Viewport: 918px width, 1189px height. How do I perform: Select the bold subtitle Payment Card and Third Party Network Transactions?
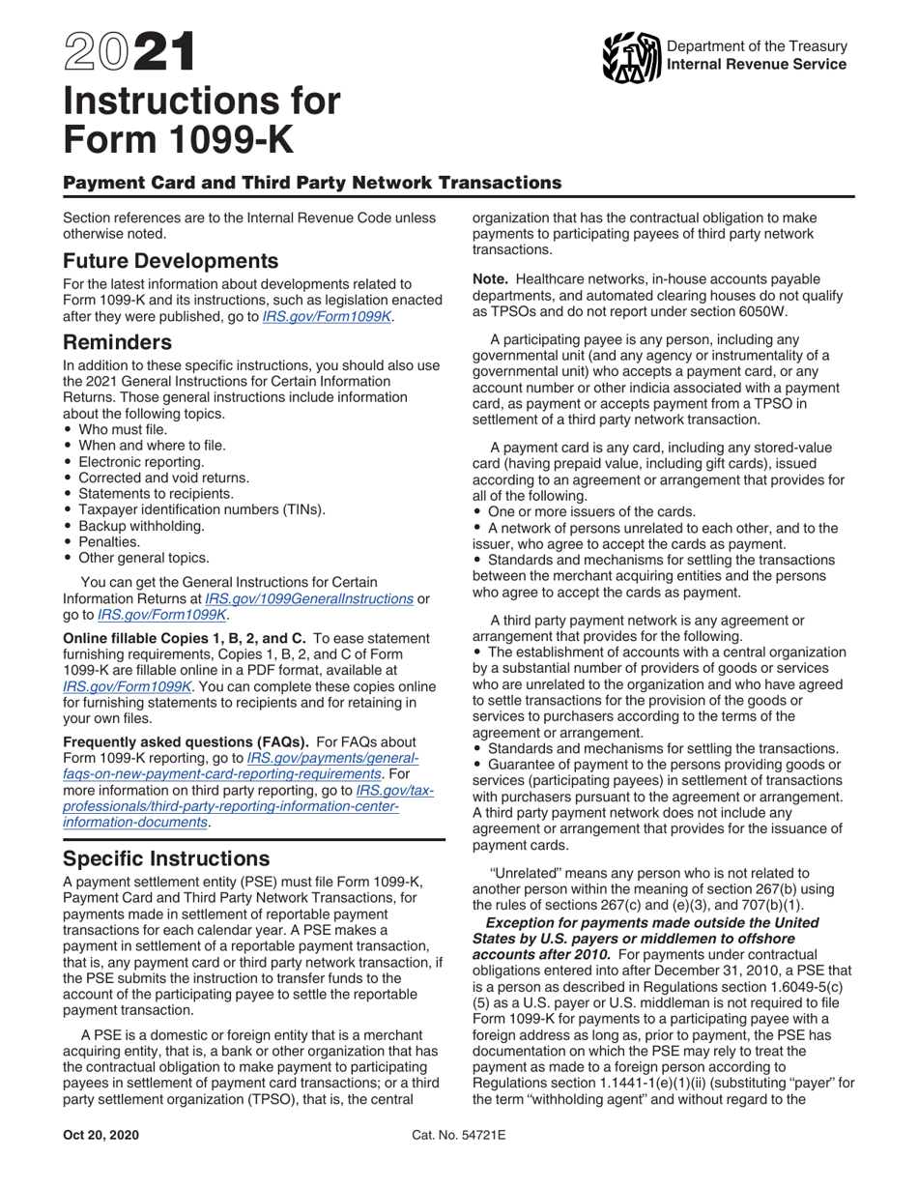click(x=312, y=182)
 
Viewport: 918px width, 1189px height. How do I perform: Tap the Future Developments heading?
click(x=171, y=261)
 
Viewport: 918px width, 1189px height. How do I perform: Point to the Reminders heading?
click(x=118, y=342)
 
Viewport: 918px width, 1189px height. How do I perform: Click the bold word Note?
click(x=489, y=278)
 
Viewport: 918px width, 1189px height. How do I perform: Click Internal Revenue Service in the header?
click(x=757, y=64)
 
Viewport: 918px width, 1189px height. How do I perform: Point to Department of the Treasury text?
click(x=757, y=46)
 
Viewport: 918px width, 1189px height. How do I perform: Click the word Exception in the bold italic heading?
click(x=523, y=922)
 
